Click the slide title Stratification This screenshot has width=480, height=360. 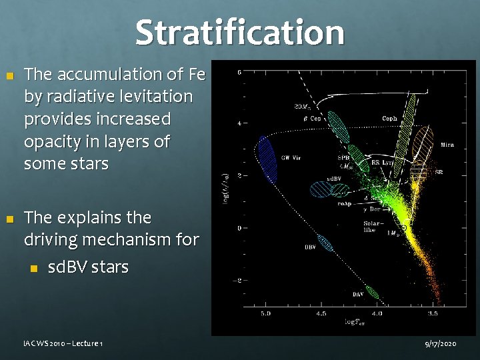point(240,32)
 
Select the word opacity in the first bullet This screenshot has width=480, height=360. point(52,142)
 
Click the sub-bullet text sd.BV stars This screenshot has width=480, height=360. point(88,267)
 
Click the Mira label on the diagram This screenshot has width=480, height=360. point(447,145)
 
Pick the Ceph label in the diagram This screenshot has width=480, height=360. point(389,119)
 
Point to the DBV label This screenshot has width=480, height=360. point(311,247)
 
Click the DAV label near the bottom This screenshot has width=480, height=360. point(358,294)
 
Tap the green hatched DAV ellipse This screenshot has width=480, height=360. point(372,292)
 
